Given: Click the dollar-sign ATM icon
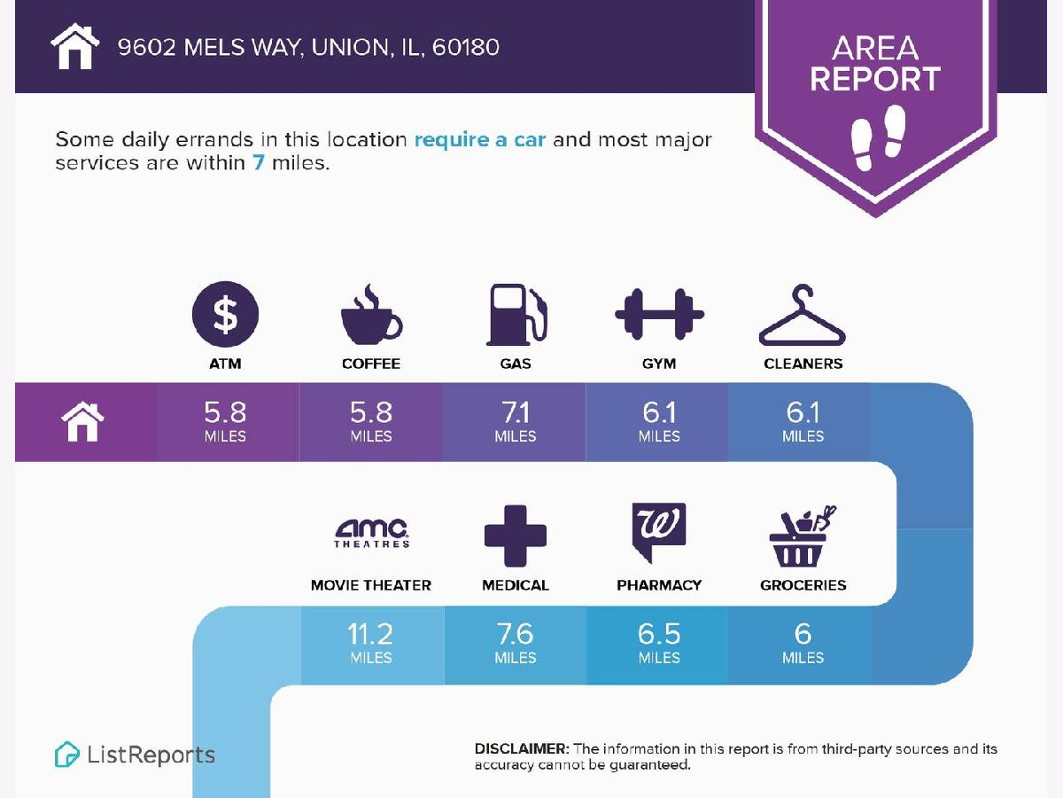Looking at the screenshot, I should point(226,314).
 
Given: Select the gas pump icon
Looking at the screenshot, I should point(516,315).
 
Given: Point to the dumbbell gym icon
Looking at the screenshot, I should point(659,315).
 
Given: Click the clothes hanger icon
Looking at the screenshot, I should point(803,316).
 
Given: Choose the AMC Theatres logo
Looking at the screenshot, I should point(371,533).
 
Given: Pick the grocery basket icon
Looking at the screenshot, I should point(803,536).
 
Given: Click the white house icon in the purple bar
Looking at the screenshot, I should point(82,422).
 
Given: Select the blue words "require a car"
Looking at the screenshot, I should point(479,140).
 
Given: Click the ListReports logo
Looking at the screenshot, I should point(135,755).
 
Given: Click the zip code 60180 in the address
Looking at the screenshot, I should point(466,46).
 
